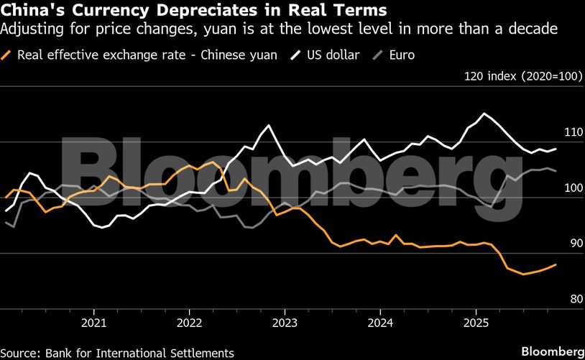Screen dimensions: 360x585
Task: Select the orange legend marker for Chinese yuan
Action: pyautogui.click(x=8, y=55)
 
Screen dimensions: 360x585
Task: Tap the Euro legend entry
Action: pyautogui.click(x=401, y=55)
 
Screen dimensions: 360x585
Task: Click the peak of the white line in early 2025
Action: pyautogui.click(x=484, y=114)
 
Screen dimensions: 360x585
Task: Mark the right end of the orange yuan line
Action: pyautogui.click(x=556, y=264)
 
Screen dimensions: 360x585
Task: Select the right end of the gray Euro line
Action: pyautogui.click(x=556, y=171)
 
